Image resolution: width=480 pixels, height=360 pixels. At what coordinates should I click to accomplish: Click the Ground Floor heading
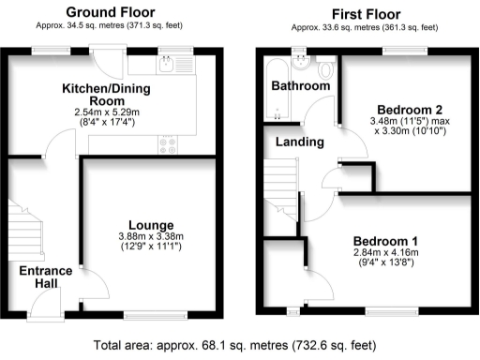112,13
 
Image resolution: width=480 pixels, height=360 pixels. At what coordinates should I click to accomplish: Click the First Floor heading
366,14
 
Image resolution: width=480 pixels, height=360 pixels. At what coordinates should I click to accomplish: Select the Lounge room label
150,225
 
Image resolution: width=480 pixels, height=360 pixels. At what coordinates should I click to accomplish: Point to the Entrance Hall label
37,277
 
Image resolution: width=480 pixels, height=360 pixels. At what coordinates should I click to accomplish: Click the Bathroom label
301,86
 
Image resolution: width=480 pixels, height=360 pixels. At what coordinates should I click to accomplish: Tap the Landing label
300,142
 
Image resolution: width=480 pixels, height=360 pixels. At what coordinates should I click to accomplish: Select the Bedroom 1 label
386,239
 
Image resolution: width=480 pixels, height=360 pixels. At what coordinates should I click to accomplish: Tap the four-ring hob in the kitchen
170,144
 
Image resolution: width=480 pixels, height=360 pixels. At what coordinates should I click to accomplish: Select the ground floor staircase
26,225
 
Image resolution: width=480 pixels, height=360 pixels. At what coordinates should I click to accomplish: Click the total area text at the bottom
240,346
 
